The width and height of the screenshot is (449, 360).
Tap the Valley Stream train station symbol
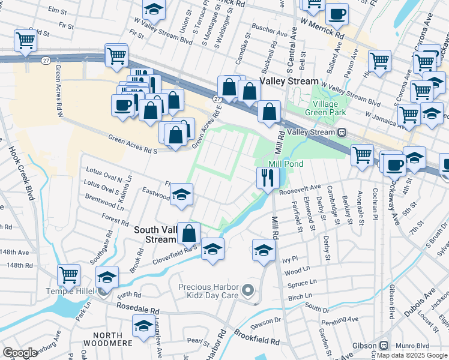pyautogui.click(x=342, y=132)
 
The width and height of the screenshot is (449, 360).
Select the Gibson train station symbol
pyautogui.click(x=382, y=346)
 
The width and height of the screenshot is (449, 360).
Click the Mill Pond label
pyautogui.click(x=286, y=164)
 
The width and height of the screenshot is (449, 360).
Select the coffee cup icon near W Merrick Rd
pyautogui.click(x=336, y=14)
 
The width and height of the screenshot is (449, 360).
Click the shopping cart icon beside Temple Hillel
pyautogui.click(x=69, y=275)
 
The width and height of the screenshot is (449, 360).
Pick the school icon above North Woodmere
pyautogui.click(x=143, y=325)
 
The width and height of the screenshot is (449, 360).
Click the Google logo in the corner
pyautogui.click(x=20, y=353)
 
